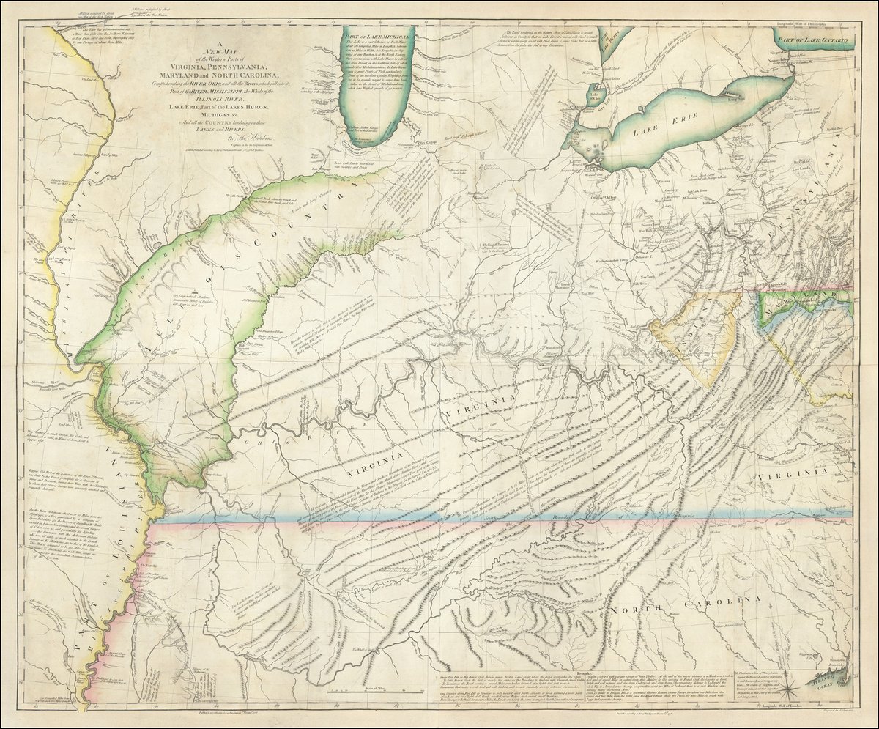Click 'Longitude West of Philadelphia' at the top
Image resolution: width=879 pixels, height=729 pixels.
(x=813, y=22)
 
